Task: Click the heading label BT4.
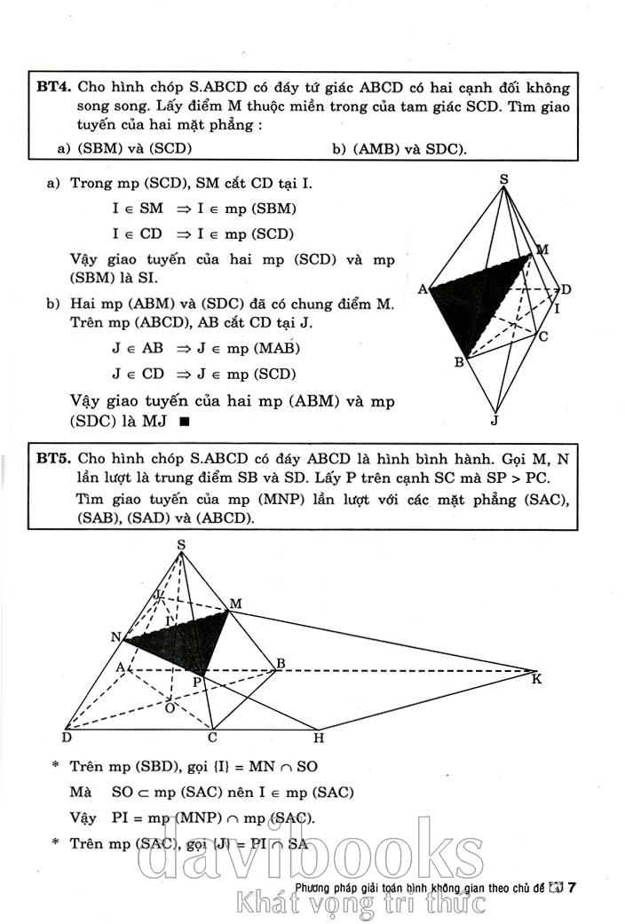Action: tap(52, 88)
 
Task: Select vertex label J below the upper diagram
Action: tap(495, 420)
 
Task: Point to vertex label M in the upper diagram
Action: tap(542, 249)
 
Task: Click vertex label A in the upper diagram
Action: tap(422, 289)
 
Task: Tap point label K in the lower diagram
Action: tap(536, 680)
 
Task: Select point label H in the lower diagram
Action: tap(318, 738)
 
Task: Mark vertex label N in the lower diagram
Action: tap(115, 636)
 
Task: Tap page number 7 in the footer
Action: tap(573, 886)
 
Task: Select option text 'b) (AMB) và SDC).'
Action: tap(399, 149)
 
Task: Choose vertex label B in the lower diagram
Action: tap(280, 663)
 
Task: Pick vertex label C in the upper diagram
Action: tap(542, 336)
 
